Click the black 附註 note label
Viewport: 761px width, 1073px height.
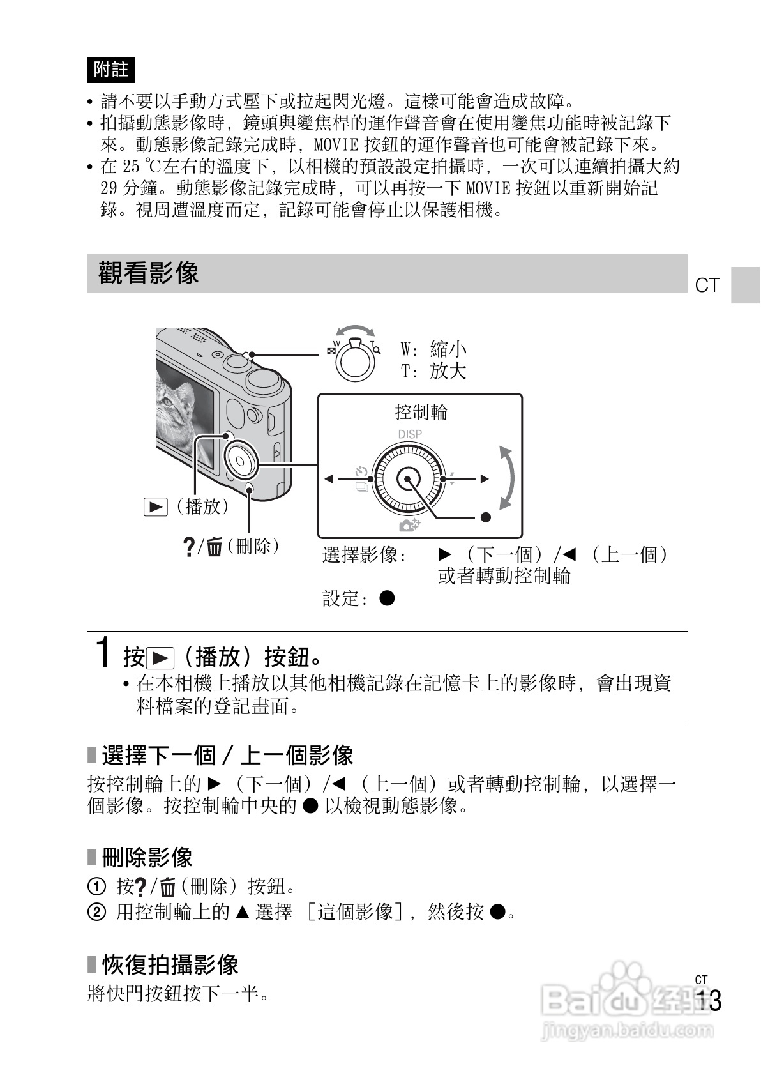[x=110, y=69]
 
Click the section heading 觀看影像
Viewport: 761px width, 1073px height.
[x=148, y=273]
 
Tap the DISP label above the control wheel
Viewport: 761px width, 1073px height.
[x=409, y=434]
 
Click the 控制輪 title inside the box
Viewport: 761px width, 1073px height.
[x=421, y=412]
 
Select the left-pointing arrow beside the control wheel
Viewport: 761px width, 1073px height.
[x=329, y=479]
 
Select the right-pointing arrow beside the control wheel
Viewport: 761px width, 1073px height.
[x=485, y=479]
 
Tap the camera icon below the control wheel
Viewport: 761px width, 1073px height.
[x=409, y=525]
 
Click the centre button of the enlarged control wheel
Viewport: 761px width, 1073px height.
[x=407, y=479]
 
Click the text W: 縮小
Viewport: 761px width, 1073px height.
[x=433, y=349]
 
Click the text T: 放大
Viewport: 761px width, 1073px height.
[x=433, y=371]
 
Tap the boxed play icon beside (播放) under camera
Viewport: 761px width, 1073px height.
[x=155, y=507]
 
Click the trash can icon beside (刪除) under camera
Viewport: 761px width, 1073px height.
[x=215, y=547]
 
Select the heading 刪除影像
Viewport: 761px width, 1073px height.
[x=147, y=857]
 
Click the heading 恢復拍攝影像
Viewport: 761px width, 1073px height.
[x=170, y=964]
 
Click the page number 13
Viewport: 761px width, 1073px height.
[x=709, y=1001]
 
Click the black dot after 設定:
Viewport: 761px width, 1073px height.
[x=387, y=598]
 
